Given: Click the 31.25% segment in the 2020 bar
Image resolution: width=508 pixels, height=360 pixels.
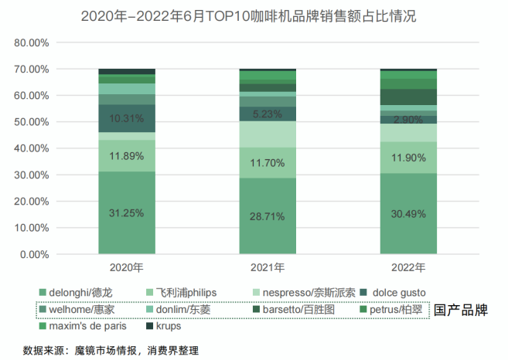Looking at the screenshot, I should pos(127,213).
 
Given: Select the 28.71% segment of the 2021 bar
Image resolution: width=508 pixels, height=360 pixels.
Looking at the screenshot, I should pos(268,217).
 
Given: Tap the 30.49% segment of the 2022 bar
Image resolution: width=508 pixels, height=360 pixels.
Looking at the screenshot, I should pos(409,215).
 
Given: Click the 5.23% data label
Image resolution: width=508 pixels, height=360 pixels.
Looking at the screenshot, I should pos(268,114).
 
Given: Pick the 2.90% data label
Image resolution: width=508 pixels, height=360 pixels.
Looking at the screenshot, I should pos(409,120).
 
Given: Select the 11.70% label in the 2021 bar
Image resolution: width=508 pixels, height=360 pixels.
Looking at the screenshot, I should pos(268,163).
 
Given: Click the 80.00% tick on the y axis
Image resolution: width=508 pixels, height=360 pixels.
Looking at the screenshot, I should pos(32,42).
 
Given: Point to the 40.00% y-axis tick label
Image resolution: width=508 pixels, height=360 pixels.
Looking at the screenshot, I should pos(32,148).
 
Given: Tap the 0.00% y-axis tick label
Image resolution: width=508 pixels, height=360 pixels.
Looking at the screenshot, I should pos(34,254).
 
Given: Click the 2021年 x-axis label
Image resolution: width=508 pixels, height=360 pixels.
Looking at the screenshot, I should pos(268,269).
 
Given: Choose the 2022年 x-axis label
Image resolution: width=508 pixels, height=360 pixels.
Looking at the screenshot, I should pos(409,269).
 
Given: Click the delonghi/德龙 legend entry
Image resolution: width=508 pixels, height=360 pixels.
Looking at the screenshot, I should pos(81,293).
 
